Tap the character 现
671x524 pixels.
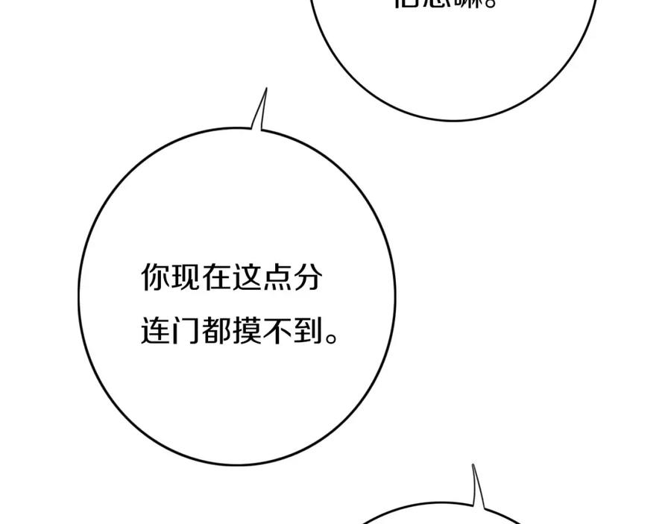[x=186, y=280]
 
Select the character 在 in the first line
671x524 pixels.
[x=216, y=280]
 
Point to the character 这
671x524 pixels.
[x=247, y=280]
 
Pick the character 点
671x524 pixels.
[x=277, y=280]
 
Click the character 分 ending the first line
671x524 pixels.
[x=308, y=280]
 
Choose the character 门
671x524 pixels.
[x=186, y=330]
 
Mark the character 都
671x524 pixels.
[x=216, y=330]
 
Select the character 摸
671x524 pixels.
[x=247, y=330]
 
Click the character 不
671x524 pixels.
[x=277, y=330]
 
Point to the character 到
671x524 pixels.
[x=308, y=330]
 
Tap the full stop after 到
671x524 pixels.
[x=333, y=338]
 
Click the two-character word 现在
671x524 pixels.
[x=201, y=280]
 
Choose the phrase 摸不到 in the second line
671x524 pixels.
[x=277, y=330]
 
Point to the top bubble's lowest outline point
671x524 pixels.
[x=453, y=119]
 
